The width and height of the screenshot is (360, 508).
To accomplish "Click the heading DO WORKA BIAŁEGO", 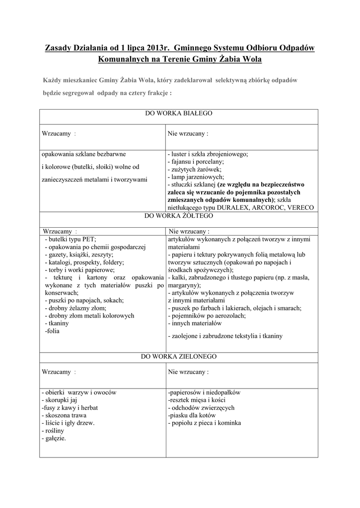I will pos(178,114).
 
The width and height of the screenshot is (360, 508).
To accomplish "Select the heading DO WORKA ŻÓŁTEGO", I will pos(178,216).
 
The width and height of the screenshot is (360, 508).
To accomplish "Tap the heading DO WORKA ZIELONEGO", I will pos(178,356).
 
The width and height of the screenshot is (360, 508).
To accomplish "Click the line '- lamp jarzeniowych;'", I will pos(196,177).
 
